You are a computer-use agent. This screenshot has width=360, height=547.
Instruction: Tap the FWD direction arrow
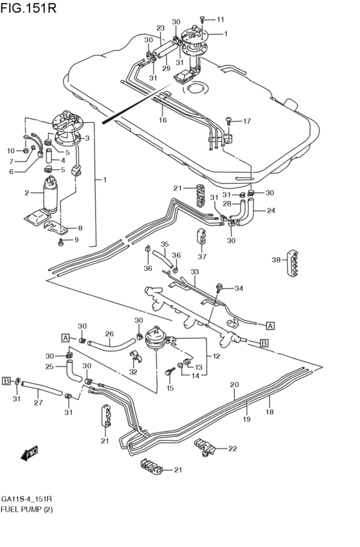(x=29, y=454)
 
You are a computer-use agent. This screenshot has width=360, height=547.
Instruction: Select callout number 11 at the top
(x=221, y=19)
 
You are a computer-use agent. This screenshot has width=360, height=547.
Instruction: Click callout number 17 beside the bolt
(x=246, y=121)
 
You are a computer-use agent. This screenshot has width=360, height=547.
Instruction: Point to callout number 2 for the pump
(x=27, y=193)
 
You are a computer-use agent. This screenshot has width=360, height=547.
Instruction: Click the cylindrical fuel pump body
(x=50, y=196)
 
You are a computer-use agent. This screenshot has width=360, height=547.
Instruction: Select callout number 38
(x=275, y=260)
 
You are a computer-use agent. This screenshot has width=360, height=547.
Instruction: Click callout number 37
(x=203, y=256)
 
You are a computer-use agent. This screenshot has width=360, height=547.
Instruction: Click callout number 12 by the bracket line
(x=216, y=356)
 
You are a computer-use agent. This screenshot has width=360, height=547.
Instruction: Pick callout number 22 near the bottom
(x=232, y=449)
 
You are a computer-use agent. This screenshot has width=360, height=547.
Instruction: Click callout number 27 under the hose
(x=39, y=403)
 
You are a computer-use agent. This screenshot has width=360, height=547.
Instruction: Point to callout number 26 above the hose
(x=109, y=334)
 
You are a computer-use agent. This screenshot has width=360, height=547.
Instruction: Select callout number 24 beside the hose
(x=271, y=210)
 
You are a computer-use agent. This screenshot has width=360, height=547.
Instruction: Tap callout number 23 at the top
(x=160, y=28)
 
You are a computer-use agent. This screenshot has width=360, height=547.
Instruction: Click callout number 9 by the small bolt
(x=76, y=240)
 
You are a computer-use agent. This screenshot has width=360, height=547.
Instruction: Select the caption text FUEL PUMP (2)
(x=27, y=509)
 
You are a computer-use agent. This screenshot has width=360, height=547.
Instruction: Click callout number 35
(x=164, y=244)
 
